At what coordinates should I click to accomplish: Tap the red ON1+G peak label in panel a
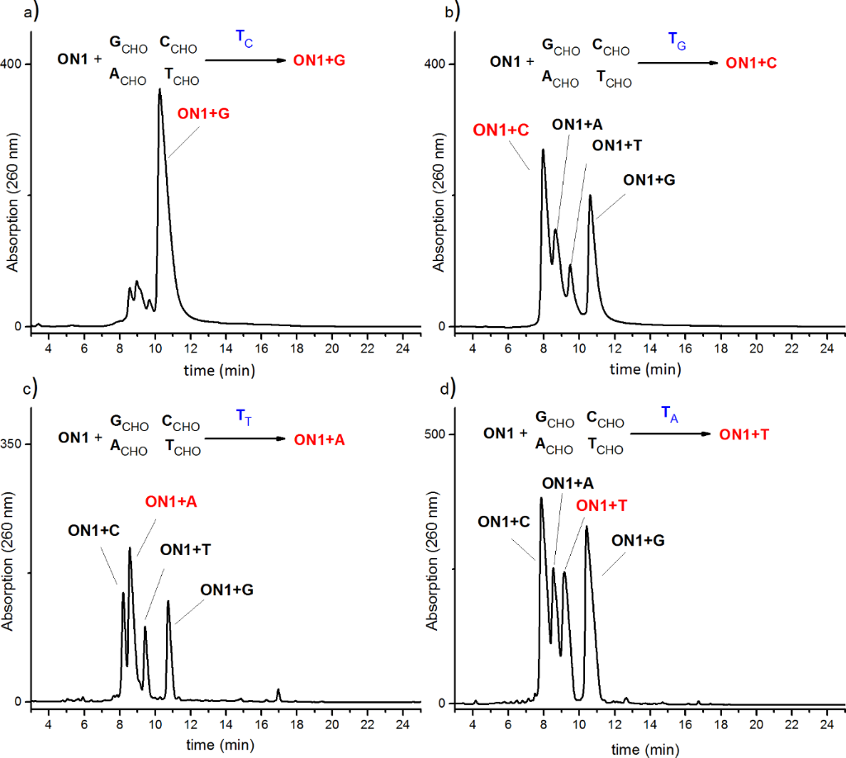click(202, 115)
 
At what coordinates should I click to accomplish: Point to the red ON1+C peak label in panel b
click(501, 130)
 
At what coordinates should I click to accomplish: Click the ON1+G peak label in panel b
click(649, 179)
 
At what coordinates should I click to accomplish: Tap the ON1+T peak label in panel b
click(618, 145)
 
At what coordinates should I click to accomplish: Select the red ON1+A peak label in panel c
click(171, 501)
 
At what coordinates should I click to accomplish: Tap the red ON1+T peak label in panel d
click(601, 505)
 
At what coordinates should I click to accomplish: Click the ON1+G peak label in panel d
click(638, 540)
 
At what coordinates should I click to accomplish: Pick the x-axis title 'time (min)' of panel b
click(644, 368)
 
